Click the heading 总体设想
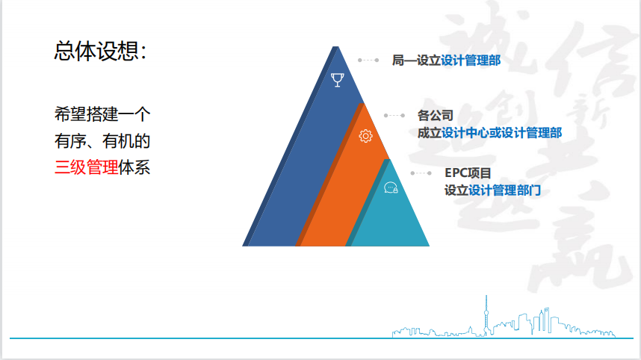pyautogui.click(x=100, y=51)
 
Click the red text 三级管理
pyautogui.click(x=86, y=167)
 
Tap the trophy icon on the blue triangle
pyautogui.click(x=337, y=80)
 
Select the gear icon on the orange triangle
pyautogui.click(x=365, y=136)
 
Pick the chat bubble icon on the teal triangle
pyautogui.click(x=391, y=187)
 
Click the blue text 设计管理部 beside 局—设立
pyautogui.click(x=471, y=60)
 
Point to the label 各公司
pyautogui.click(x=436, y=116)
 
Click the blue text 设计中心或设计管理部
pyautogui.click(x=501, y=133)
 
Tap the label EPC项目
pyautogui.click(x=468, y=173)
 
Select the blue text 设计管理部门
pyautogui.click(x=504, y=190)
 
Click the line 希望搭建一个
pyautogui.click(x=102, y=114)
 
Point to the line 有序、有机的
pyautogui.click(x=102, y=141)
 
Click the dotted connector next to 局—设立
pyautogui.click(x=368, y=60)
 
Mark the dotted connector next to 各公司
pyautogui.click(x=394, y=116)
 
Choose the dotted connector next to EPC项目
pyautogui.click(x=421, y=173)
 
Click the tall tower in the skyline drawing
pyautogui.click(x=486, y=314)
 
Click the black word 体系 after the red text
pyautogui.click(x=134, y=167)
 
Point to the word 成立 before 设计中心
pyautogui.click(x=430, y=133)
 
